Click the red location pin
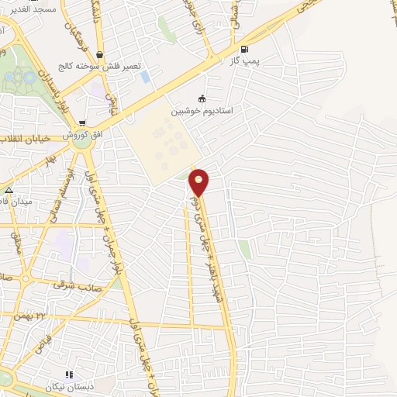point(199,181)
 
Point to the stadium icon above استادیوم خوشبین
point(203,98)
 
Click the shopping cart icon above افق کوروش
point(82,123)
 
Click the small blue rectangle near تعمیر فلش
point(145,78)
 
